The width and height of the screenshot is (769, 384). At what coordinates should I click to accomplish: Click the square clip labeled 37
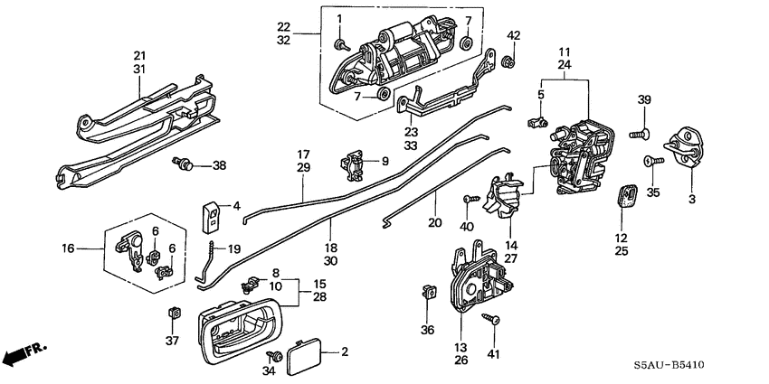173,313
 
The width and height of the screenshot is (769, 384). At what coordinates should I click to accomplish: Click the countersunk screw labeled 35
649,162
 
